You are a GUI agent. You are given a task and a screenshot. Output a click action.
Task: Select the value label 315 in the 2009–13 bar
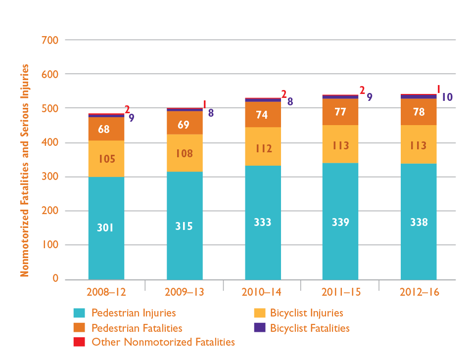point(184,226)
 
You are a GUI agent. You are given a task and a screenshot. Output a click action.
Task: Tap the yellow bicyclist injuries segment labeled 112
point(263,148)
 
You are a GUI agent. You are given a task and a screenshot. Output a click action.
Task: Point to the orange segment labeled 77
point(340,112)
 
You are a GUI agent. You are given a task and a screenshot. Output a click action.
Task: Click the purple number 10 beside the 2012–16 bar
point(447,97)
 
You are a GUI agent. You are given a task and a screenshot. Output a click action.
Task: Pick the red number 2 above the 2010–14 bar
point(284,93)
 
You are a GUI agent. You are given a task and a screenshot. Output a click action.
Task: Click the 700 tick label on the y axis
point(51,40)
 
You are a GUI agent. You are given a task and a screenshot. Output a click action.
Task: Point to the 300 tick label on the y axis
point(51,177)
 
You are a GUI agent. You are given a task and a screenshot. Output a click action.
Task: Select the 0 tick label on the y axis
point(55,279)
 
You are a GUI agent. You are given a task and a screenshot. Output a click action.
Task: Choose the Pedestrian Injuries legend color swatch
point(79,313)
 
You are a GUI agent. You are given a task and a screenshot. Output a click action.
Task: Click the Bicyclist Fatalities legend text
point(310,328)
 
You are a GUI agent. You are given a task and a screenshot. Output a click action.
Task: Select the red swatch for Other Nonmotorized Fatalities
point(79,342)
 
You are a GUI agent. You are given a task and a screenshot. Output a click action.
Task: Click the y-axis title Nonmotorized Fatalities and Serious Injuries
point(25,170)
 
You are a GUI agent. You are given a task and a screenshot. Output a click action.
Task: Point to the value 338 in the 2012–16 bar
point(419,222)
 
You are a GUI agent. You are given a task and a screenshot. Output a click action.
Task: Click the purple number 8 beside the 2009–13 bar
point(210,113)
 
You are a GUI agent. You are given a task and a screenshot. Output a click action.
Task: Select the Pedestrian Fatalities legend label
point(137,328)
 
